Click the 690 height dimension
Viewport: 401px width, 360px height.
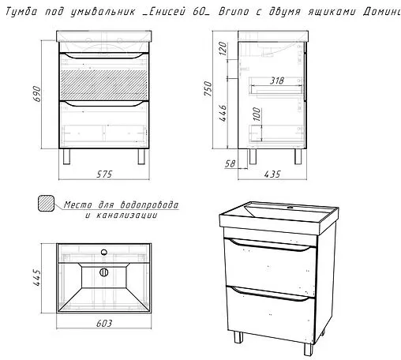pyautogui.click(x=38, y=94)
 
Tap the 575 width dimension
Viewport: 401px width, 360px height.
pyautogui.click(x=104, y=174)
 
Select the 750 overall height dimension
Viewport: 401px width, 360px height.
pyautogui.click(x=208, y=88)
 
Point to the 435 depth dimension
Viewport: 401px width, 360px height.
pyautogui.click(x=272, y=174)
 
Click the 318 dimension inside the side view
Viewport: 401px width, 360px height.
pyautogui.click(x=277, y=81)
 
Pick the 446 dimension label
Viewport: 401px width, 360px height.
pyautogui.click(x=223, y=113)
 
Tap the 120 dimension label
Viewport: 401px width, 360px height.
pyautogui.click(x=223, y=48)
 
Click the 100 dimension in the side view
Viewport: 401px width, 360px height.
pyautogui.click(x=257, y=114)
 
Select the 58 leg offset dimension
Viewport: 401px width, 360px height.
pyautogui.click(x=230, y=163)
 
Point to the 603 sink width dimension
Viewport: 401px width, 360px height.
pyautogui.click(x=104, y=323)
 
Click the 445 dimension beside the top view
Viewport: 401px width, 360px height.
pyautogui.click(x=37, y=277)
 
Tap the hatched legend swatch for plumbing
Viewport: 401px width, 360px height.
pyautogui.click(x=47, y=203)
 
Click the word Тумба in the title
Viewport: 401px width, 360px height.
pyautogui.click(x=21, y=12)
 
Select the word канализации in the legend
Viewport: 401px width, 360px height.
pyautogui.click(x=127, y=216)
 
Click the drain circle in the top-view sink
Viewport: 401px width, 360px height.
pyautogui.click(x=104, y=272)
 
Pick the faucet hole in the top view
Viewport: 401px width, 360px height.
pyautogui.click(x=104, y=252)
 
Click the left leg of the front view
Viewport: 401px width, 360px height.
pyautogui.click(x=67, y=156)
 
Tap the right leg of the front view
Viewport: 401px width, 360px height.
pyautogui.click(x=141, y=156)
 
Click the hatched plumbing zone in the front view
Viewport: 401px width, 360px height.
pyautogui.click(x=103, y=81)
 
